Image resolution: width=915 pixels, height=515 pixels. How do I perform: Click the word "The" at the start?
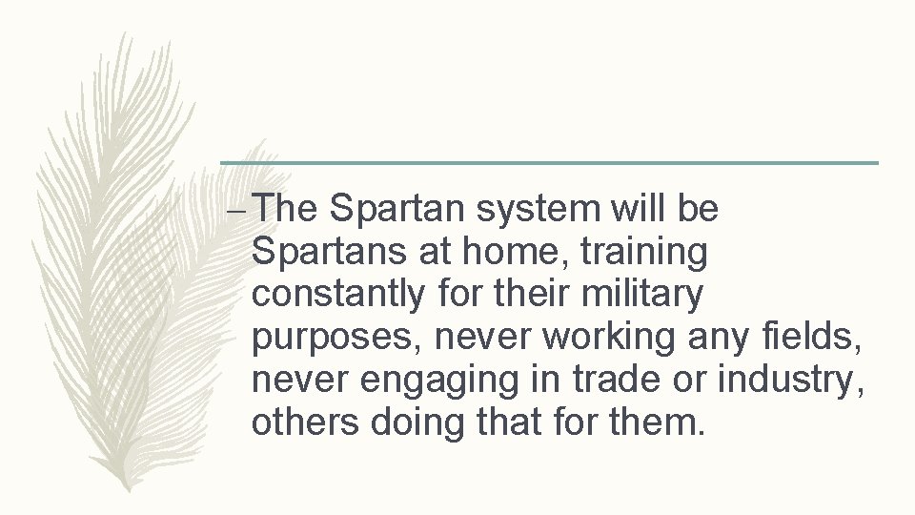click(290, 210)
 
